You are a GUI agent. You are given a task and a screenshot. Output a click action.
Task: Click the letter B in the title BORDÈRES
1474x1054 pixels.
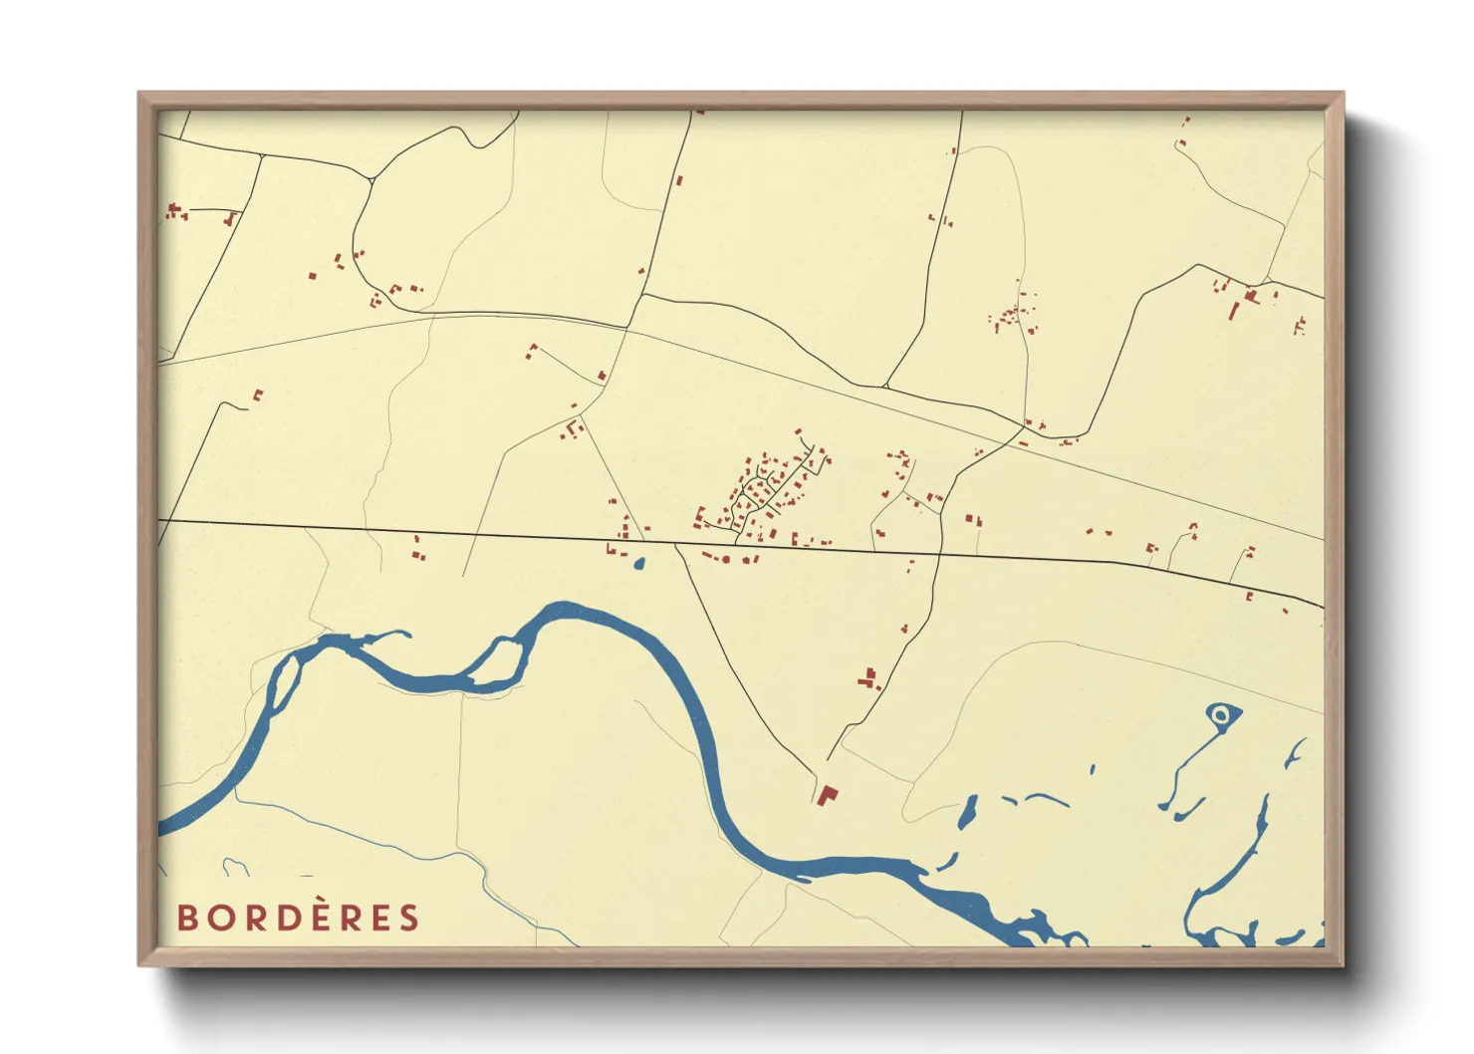tap(189, 918)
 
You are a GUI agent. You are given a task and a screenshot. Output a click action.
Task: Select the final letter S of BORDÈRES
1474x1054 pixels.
tap(409, 918)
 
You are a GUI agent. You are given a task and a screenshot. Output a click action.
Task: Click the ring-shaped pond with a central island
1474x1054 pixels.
tap(1221, 714)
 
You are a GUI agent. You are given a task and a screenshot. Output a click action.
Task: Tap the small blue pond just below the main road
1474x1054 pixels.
tap(638, 564)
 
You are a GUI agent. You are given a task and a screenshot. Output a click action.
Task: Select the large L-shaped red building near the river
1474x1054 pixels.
tap(826, 795)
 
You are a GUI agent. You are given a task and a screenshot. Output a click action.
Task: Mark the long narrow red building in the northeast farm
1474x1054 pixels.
tap(1234, 310)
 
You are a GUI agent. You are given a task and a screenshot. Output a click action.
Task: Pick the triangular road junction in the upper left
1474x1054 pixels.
tap(370, 179)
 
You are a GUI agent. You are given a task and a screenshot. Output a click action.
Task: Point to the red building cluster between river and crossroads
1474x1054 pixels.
tap(869, 679)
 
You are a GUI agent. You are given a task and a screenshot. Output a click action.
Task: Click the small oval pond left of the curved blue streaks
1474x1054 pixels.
tap(966, 812)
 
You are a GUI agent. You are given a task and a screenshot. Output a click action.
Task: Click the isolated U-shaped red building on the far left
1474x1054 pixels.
tap(258, 395)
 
